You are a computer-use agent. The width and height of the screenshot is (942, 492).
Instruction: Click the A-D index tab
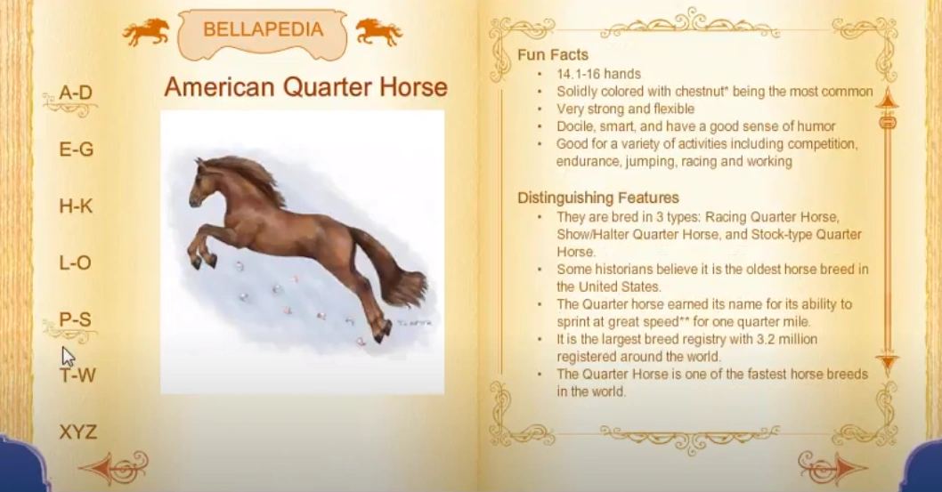tap(76, 93)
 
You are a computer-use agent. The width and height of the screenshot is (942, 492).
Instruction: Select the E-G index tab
tap(76, 149)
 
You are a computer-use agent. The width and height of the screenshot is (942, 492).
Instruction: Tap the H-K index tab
tap(76, 206)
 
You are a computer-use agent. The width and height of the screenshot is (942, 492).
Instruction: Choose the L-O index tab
tap(76, 262)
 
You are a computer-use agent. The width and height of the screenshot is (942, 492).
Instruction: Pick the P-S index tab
tap(76, 319)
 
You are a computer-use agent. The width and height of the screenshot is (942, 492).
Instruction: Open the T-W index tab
tap(77, 375)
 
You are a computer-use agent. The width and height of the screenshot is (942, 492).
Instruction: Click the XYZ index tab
tap(77, 432)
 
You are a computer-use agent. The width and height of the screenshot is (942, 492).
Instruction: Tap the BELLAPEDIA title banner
tap(263, 30)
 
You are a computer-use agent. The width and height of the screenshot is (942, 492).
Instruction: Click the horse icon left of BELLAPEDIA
tap(147, 32)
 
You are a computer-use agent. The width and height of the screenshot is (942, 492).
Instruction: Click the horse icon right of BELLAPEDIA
tap(378, 32)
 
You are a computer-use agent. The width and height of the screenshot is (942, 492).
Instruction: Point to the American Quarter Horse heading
tap(305, 87)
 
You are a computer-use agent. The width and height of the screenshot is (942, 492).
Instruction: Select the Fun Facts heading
tap(553, 54)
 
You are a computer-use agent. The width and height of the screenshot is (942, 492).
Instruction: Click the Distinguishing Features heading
tap(598, 198)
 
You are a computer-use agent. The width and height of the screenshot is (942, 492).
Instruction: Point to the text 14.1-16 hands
tap(598, 74)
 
